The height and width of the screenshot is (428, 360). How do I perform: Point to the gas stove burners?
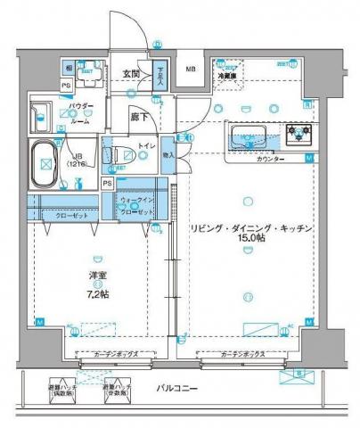click(x=295, y=136)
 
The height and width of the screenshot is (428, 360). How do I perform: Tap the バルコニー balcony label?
click(x=178, y=390)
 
